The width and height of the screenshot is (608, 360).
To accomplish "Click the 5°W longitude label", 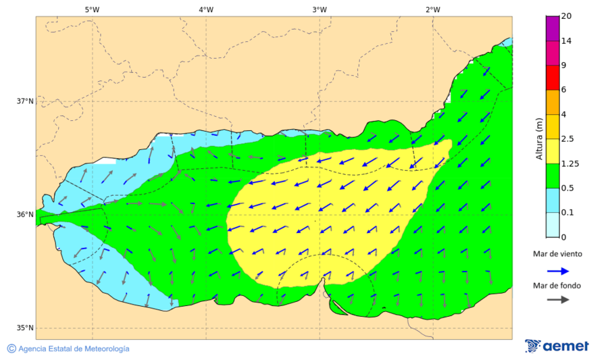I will [x=92, y=9].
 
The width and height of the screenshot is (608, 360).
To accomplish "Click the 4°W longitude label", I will [x=206, y=9].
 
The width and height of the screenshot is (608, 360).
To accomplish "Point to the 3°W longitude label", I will [x=320, y=9].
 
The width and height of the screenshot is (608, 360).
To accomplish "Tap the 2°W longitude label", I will [x=433, y=9].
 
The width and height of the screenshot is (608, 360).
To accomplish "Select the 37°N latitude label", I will [x=25, y=101].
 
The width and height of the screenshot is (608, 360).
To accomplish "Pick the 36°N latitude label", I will [x=25, y=215].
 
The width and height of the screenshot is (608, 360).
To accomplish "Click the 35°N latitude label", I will [x=25, y=328].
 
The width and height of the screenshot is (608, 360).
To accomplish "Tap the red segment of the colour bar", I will [x=553, y=78].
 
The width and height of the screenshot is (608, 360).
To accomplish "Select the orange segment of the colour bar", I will [x=553, y=102].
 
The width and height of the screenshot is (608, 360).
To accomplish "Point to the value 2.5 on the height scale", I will [x=567, y=139].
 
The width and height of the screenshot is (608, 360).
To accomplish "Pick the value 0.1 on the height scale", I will [x=567, y=213].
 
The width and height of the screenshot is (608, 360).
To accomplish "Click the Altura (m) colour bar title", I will [x=539, y=138].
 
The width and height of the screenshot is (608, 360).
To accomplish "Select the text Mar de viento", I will [x=557, y=254].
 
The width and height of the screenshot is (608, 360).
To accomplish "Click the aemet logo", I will [x=557, y=346].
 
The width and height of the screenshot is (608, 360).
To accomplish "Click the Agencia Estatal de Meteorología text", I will [x=74, y=349].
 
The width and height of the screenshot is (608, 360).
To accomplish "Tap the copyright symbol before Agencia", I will [x=11, y=349].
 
